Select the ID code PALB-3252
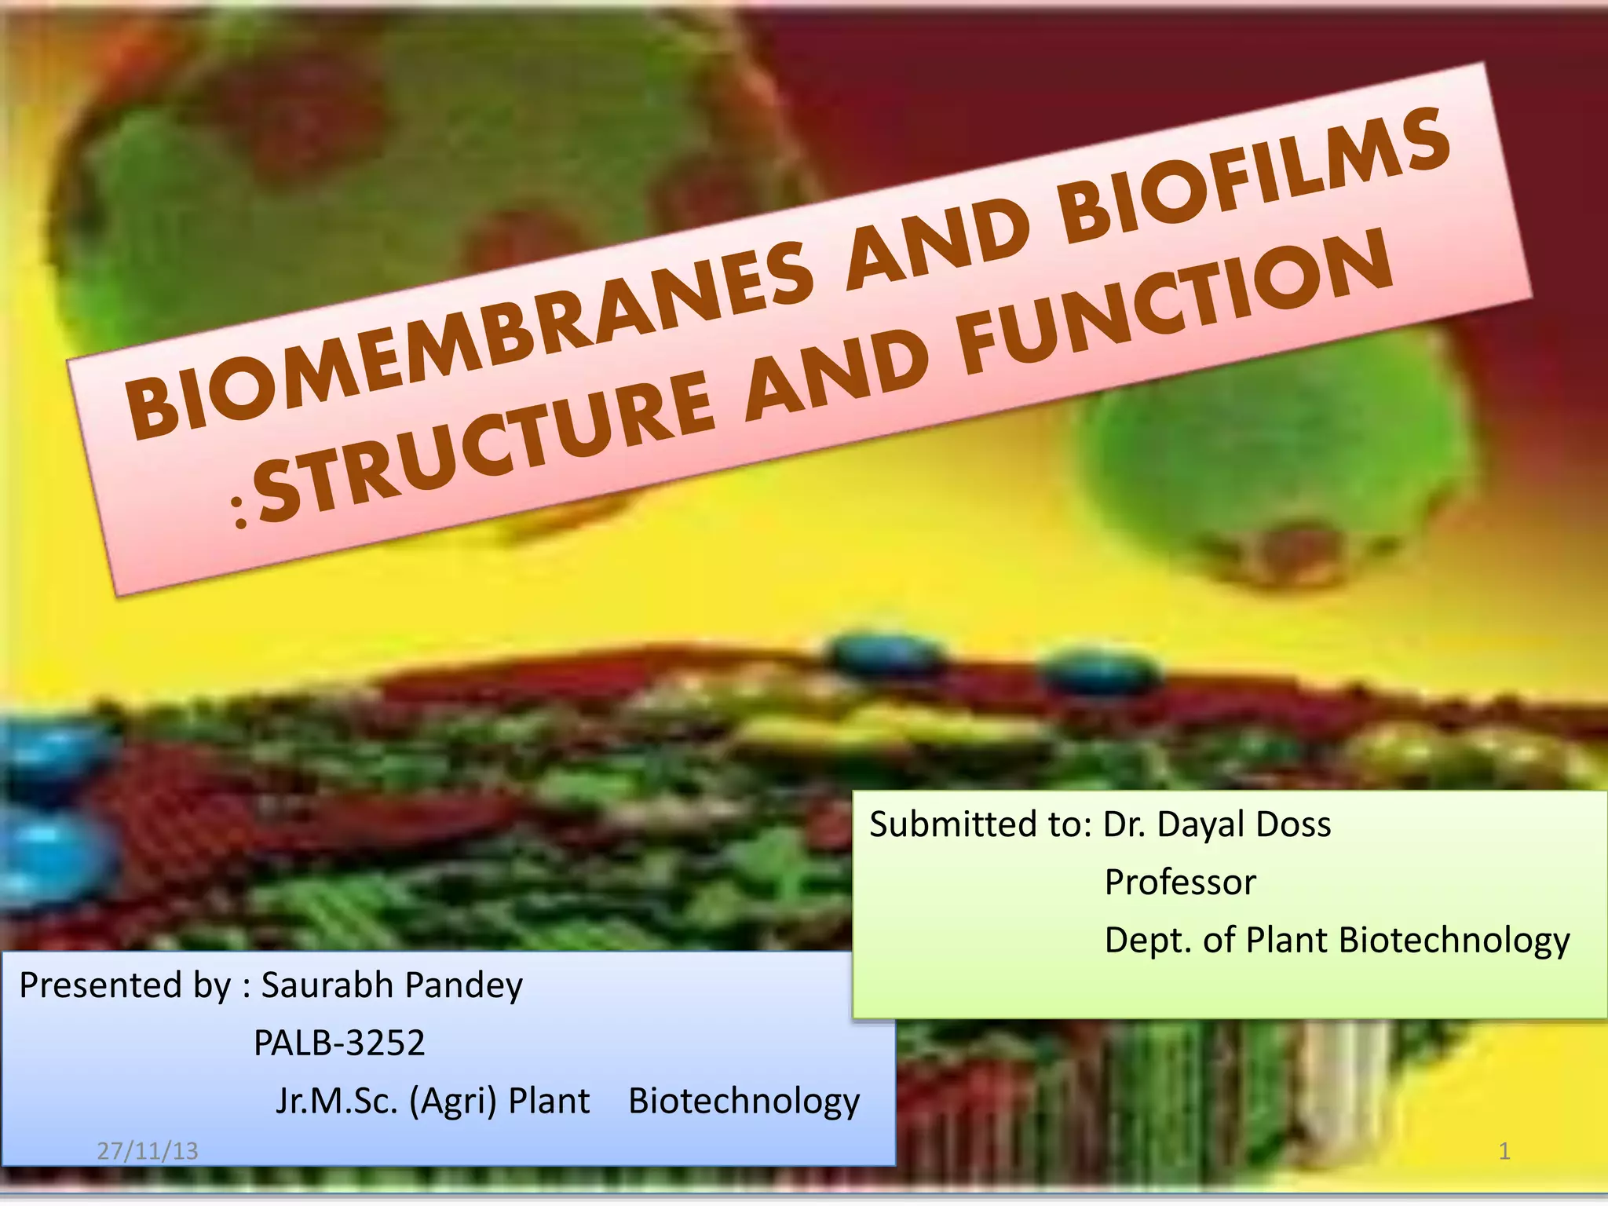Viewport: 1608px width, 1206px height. click(339, 1043)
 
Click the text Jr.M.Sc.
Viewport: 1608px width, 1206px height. click(337, 1101)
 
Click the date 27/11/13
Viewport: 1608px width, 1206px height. click(148, 1151)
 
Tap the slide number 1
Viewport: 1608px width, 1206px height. click(1504, 1151)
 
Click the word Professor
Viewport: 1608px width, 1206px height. click(1180, 883)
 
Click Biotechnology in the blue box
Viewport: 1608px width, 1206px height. click(744, 1101)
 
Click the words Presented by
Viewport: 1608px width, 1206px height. click(126, 985)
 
